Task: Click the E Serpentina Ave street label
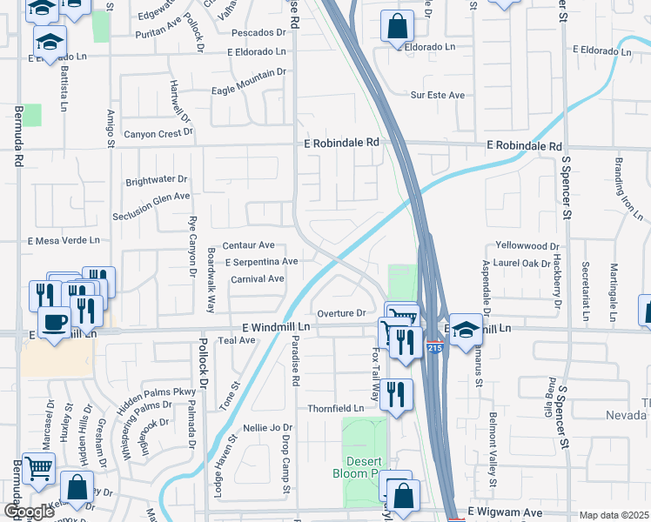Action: (x=262, y=262)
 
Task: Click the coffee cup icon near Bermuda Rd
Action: (x=54, y=323)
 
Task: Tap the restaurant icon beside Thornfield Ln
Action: (x=396, y=396)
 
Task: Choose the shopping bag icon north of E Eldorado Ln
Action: (x=397, y=27)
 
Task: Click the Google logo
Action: (x=28, y=512)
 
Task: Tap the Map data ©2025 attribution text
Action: (x=614, y=515)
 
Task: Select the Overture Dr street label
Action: (x=340, y=313)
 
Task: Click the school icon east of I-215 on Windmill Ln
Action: (x=466, y=330)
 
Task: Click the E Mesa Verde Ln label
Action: (x=64, y=240)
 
